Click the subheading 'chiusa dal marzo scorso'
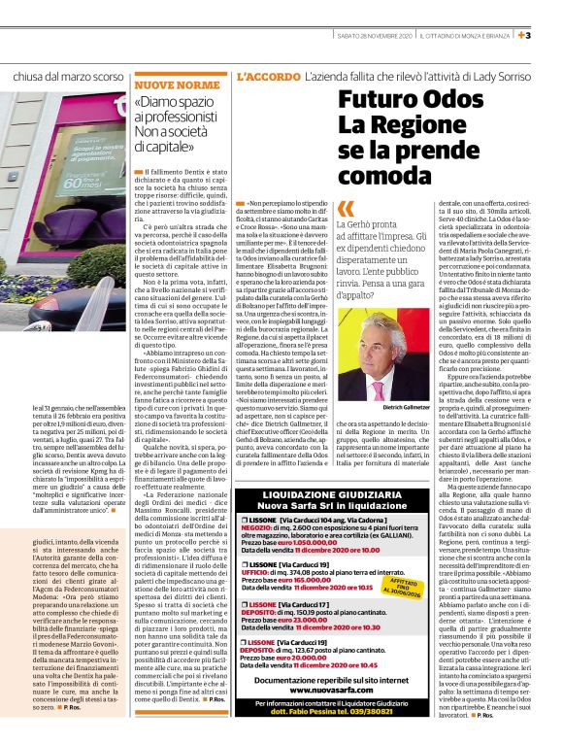[x=69, y=76]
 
